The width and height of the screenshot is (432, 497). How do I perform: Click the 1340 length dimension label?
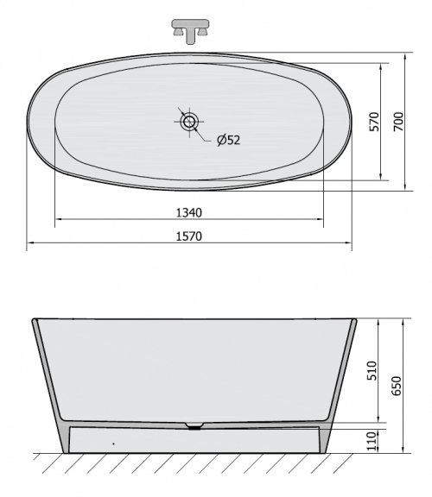pos(189,212)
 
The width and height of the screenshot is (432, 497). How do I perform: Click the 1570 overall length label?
pos(189,236)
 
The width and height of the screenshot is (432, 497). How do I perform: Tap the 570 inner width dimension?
pos(375,122)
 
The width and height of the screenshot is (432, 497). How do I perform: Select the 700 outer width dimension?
pos(398,122)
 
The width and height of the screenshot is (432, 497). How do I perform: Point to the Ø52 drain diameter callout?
pos(229,140)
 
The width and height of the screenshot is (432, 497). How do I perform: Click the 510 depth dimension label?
pos(372,370)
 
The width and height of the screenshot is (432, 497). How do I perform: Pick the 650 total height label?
pos(397,386)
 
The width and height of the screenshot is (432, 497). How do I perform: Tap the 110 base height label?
pos(372,441)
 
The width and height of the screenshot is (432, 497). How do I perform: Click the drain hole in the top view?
pos(189,122)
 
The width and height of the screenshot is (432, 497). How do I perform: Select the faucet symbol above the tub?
pos(190,31)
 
